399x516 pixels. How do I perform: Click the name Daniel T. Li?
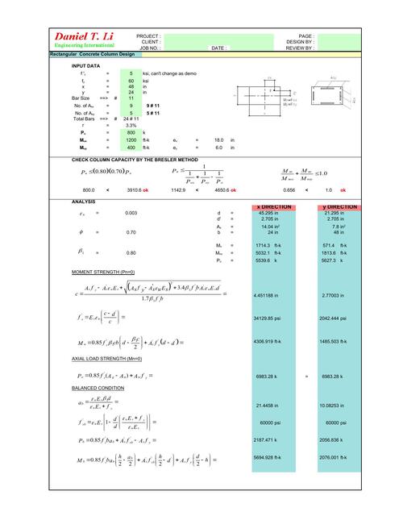click(x=82, y=37)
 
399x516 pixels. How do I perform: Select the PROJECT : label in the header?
click(x=148, y=36)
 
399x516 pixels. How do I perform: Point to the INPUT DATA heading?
click(x=86, y=65)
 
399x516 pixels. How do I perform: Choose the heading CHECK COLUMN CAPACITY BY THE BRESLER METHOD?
click(x=135, y=160)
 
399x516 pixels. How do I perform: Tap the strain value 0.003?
click(x=131, y=213)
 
